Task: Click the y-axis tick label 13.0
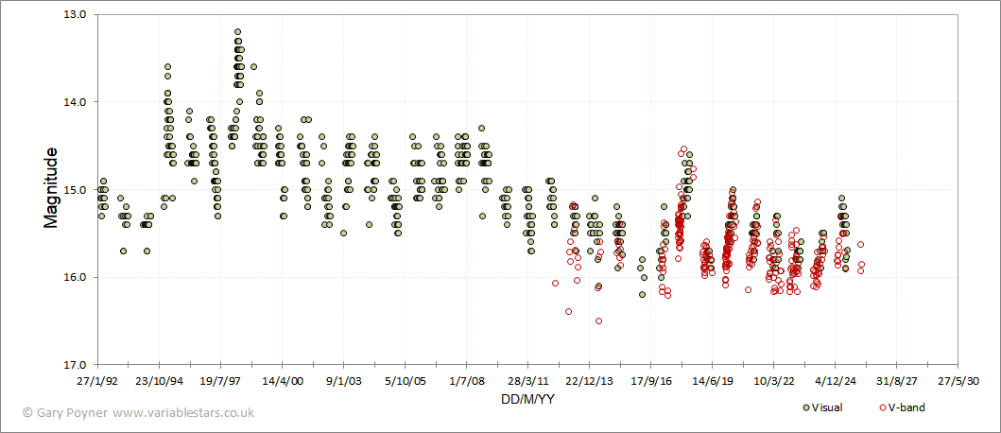[x=74, y=15]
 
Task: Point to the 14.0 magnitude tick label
[x=74, y=102]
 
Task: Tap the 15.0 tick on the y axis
[x=74, y=190]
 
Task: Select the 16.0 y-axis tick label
[x=74, y=277]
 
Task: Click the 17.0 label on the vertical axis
[x=74, y=365]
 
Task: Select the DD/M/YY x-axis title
[x=527, y=399]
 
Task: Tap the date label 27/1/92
[x=97, y=382]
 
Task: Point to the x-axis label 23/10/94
[x=159, y=382]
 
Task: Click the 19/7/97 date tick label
[x=220, y=382]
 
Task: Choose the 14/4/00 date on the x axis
[x=282, y=382]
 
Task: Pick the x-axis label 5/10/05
[x=405, y=382]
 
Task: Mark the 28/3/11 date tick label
[x=527, y=382]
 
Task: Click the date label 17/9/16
[x=650, y=382]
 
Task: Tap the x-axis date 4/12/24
[x=835, y=382]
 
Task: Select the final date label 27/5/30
[x=958, y=382]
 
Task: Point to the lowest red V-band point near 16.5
[x=598, y=321]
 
